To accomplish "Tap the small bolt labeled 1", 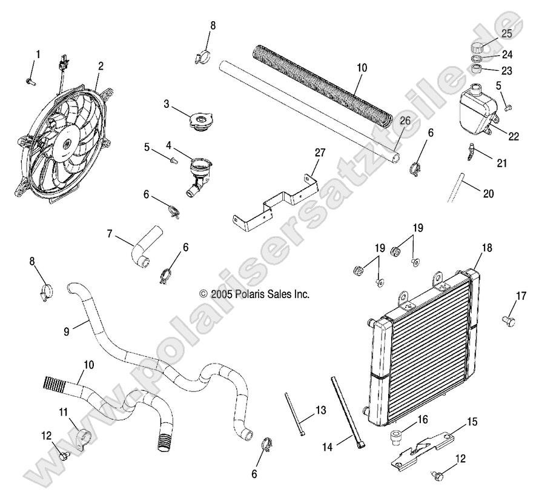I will tap(30, 79).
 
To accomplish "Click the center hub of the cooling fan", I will tap(66, 144).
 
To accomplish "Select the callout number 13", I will tap(320, 411).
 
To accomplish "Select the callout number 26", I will tap(405, 121).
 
